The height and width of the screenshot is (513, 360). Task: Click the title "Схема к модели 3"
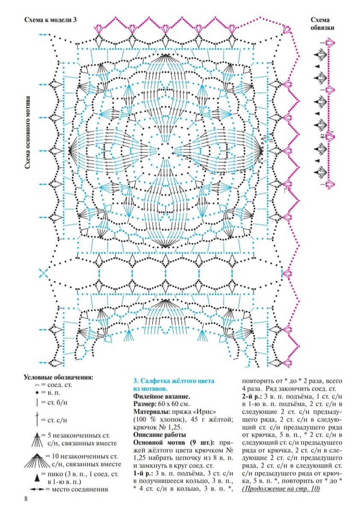tap(50, 20)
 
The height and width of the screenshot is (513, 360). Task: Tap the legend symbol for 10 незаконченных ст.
tap(37, 458)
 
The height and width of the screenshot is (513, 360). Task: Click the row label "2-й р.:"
tap(251, 396)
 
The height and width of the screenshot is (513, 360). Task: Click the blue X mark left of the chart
tap(43, 273)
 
